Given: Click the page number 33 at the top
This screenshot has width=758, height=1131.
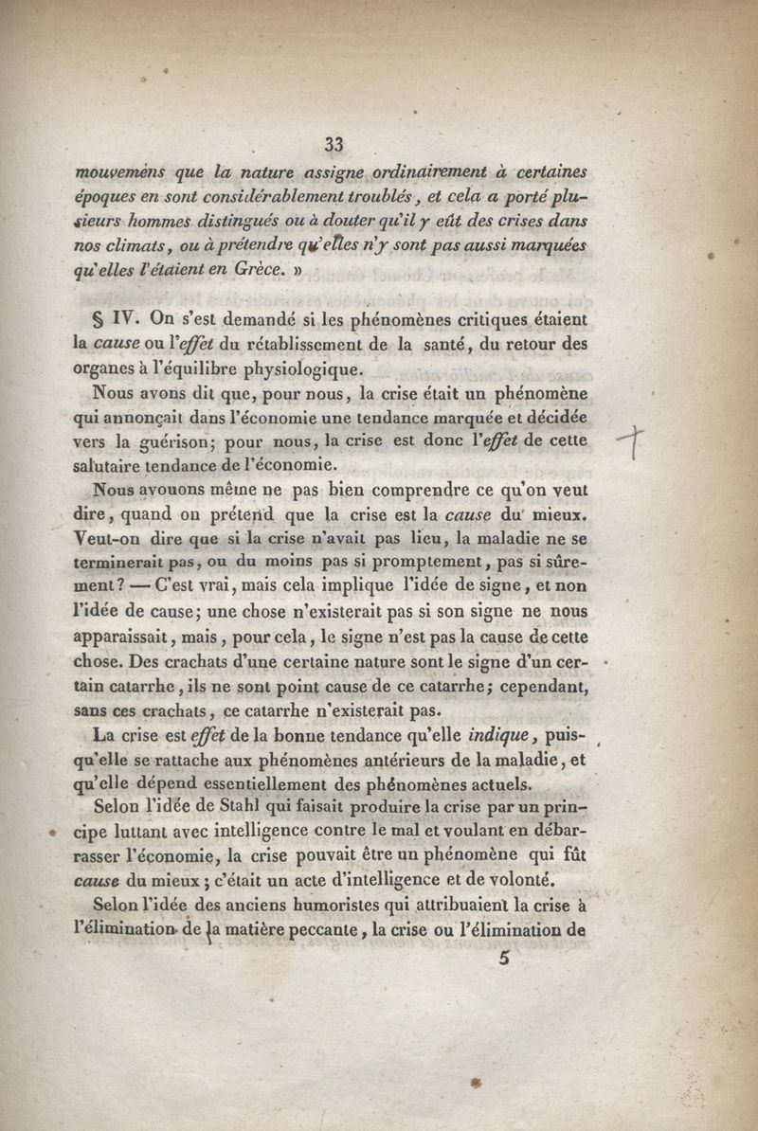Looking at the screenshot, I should (333, 144).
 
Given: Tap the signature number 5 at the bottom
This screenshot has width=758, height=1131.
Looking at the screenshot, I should (502, 957).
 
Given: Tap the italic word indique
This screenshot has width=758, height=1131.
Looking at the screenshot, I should (513, 734).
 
